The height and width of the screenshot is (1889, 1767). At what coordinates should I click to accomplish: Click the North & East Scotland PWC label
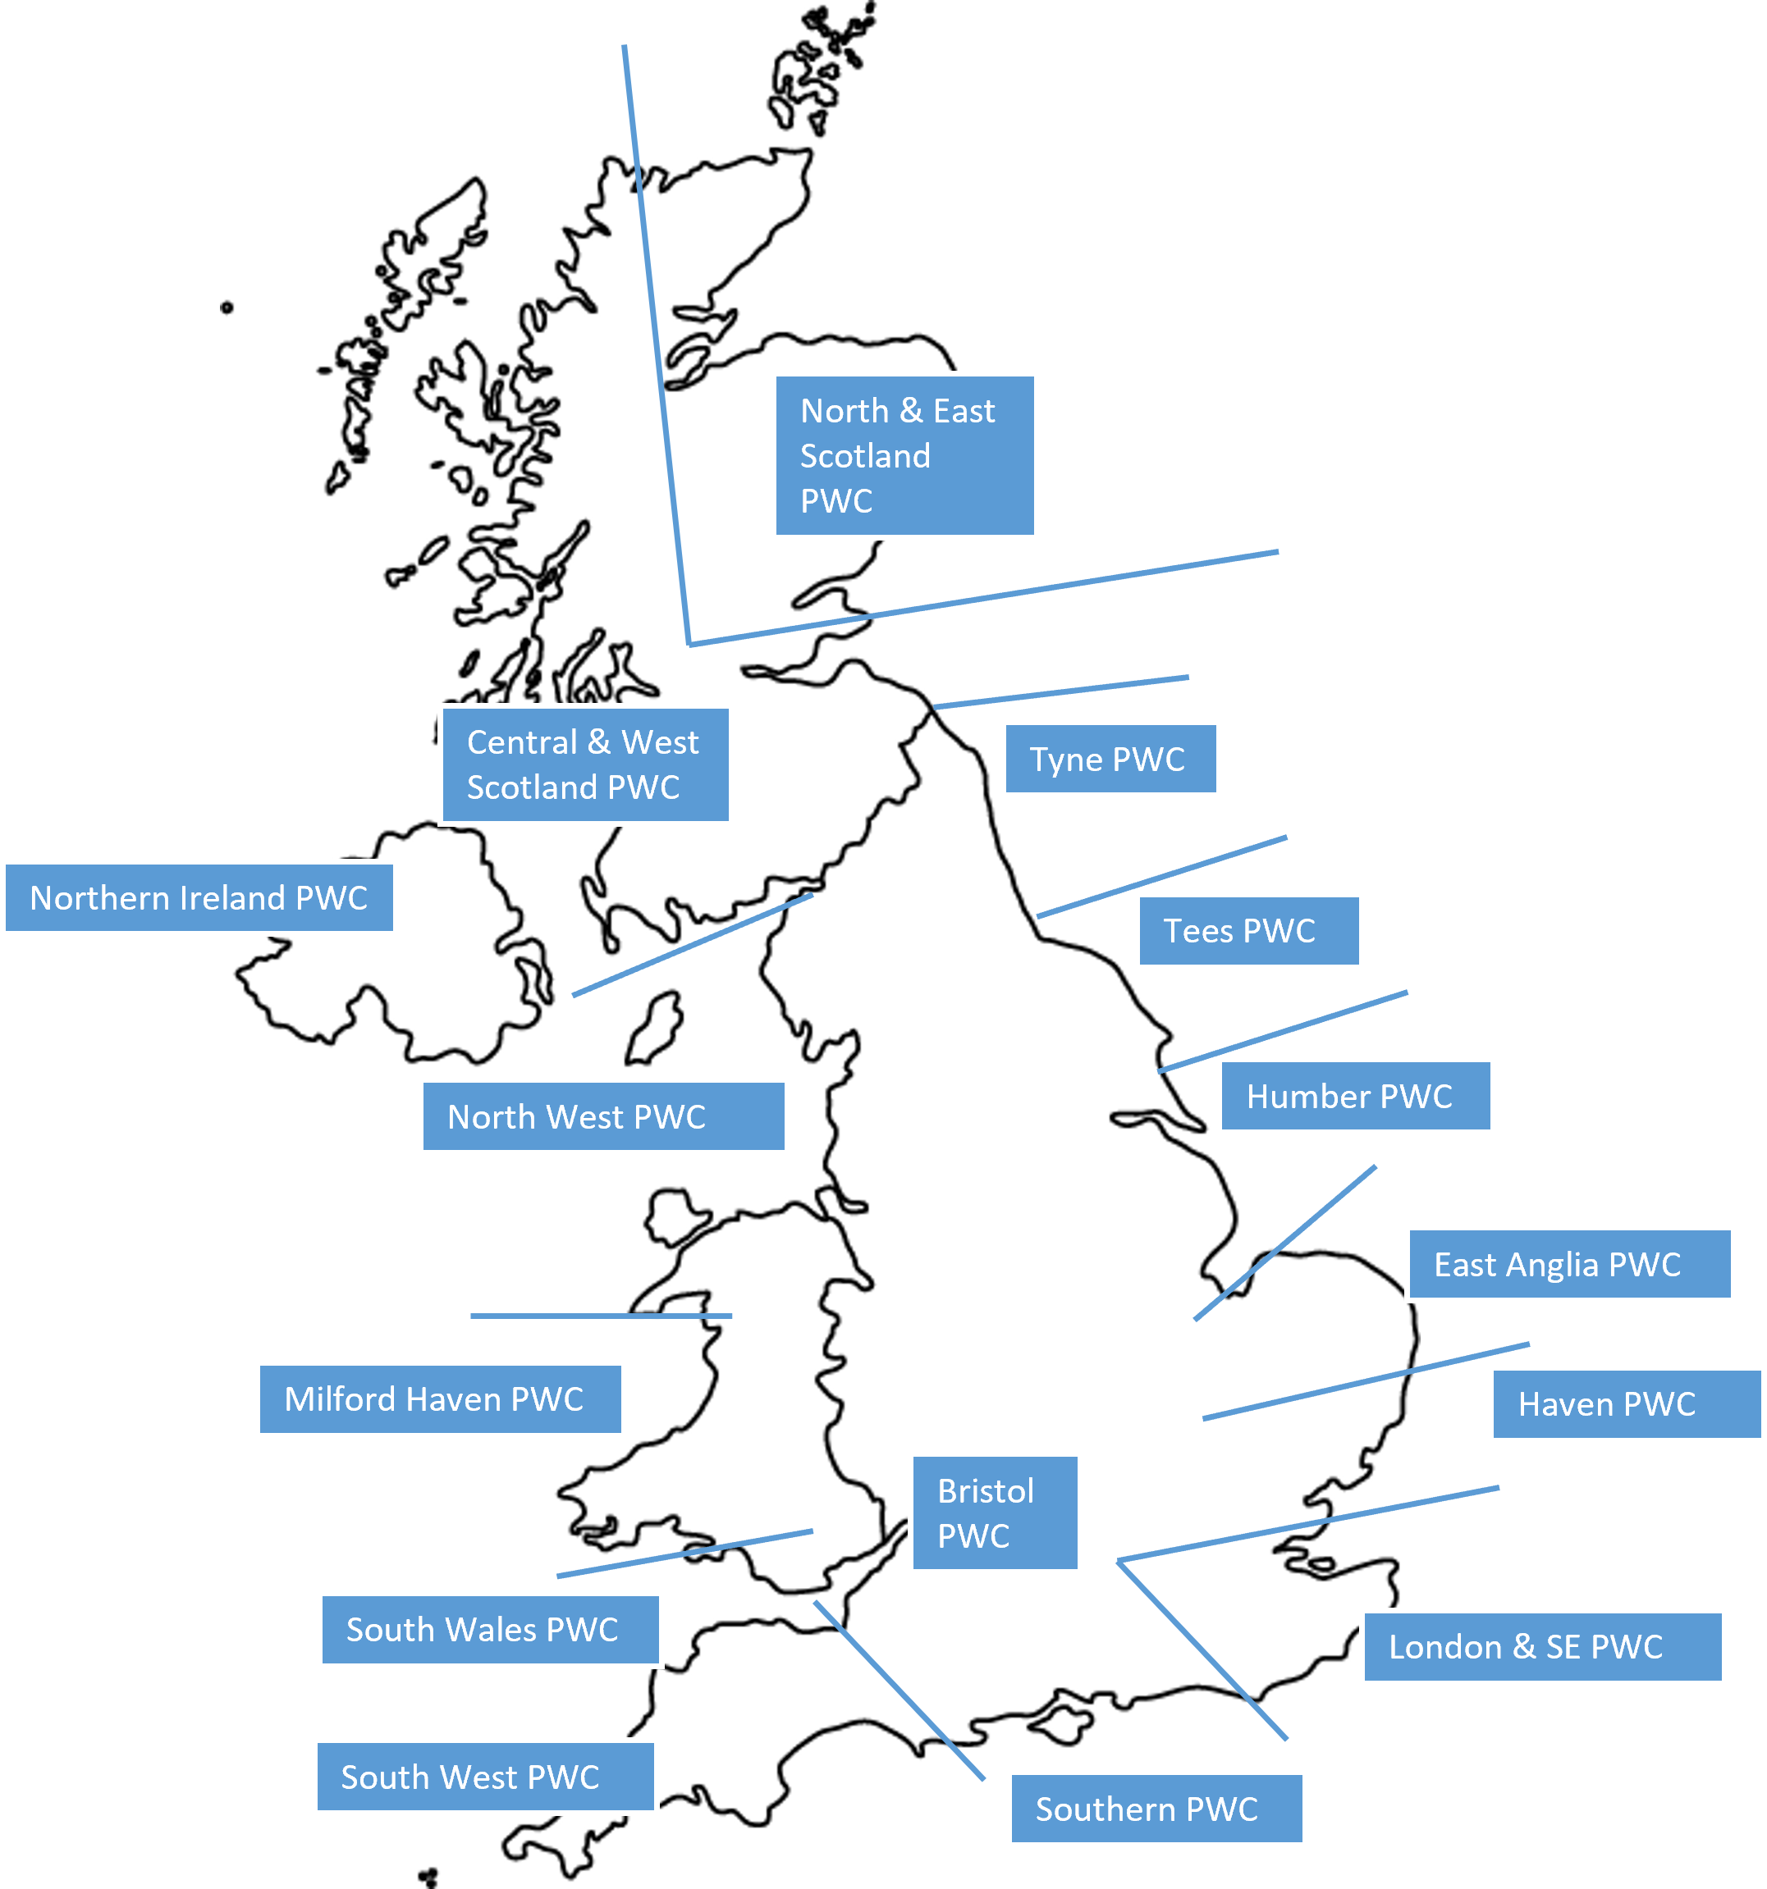coord(904,455)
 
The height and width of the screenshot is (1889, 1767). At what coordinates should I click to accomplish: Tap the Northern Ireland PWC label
coord(199,897)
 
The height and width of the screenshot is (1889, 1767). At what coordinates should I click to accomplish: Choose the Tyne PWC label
coord(1110,758)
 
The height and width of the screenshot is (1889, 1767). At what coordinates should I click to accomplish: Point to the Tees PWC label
coord(1248,930)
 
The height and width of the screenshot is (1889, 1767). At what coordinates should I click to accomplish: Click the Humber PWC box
coord(1357,1096)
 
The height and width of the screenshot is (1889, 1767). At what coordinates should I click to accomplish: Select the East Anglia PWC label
coord(1570,1264)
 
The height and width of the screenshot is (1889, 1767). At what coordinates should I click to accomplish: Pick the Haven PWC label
coord(1624,1403)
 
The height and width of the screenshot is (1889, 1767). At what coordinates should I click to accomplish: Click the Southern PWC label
coord(1156,1809)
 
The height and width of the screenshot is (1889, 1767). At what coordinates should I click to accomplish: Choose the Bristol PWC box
coord(994,1513)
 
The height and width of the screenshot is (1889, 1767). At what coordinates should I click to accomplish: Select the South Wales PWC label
coord(489,1629)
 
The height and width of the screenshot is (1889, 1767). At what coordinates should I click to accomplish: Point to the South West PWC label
coord(485,1776)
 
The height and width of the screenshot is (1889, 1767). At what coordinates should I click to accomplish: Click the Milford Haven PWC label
coord(440,1398)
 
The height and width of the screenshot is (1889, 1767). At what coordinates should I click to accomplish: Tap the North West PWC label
coord(602,1116)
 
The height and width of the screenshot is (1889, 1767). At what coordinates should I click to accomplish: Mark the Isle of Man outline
coord(655,1028)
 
